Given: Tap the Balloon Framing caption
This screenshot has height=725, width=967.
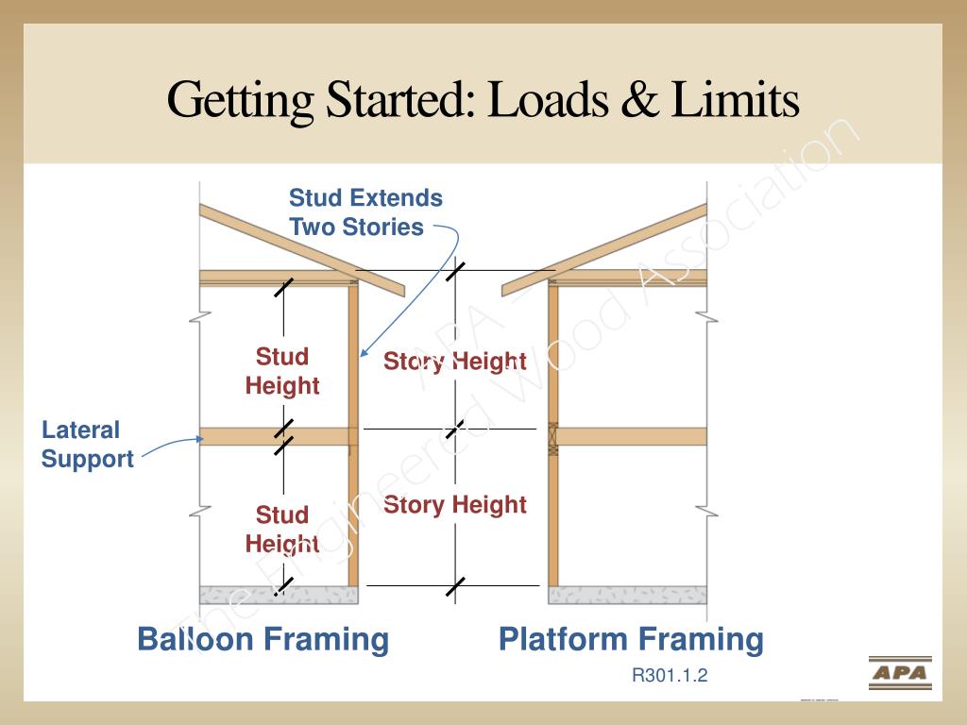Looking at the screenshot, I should point(263,639).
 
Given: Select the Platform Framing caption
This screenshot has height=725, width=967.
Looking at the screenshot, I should point(631,639).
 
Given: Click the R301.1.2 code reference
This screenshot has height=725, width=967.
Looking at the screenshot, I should point(670,676).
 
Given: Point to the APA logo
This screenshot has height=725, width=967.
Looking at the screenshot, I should point(899,673).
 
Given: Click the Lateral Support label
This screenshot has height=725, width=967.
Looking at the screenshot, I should point(87,445).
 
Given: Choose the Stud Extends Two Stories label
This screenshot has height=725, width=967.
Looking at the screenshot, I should point(365,212).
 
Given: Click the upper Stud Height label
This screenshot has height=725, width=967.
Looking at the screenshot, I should point(282,371).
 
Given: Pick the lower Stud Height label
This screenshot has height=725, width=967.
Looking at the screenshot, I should point(282,530).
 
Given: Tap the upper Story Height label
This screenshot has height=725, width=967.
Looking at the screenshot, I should point(454,362).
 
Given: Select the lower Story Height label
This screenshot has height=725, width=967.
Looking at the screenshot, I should point(454,505).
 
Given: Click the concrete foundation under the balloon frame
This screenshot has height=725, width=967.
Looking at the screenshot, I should point(279,595).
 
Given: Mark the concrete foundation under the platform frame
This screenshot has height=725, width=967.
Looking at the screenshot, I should point(627,595).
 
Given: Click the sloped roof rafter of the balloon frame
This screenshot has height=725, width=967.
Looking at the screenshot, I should point(302,249).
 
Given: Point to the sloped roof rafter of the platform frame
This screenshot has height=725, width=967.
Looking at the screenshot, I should point(604,250).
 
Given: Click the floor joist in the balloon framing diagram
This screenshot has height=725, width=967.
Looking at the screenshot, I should point(274,436).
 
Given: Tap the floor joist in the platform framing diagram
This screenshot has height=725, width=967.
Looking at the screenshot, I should point(633,436).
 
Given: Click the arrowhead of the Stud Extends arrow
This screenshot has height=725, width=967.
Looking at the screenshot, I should point(362,354).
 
